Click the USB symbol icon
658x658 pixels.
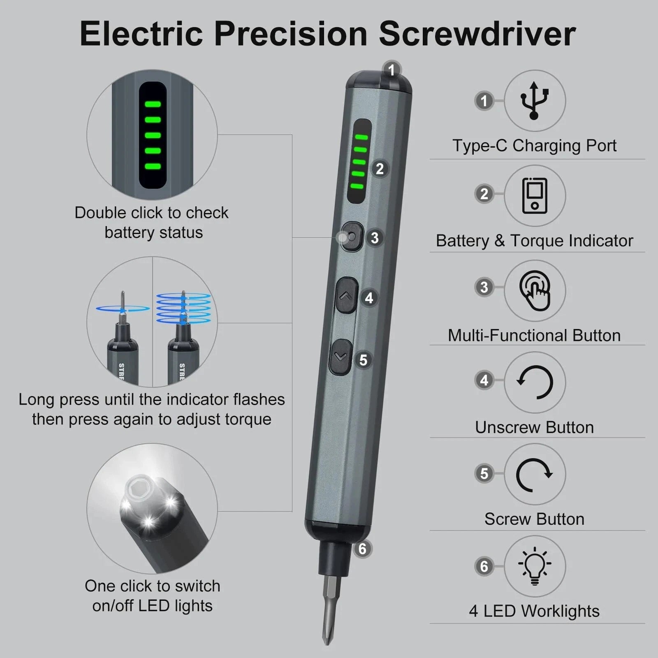coord(534,100)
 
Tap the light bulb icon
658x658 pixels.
coord(534,566)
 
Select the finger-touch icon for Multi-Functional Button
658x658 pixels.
coord(535,290)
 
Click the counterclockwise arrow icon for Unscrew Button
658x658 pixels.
coord(535,382)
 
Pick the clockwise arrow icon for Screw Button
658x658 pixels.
coord(534,475)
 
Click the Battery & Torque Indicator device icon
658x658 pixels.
coord(534,196)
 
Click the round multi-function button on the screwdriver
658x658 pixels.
coord(352,237)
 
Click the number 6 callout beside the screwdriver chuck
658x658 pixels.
coord(362,549)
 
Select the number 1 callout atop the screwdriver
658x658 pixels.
coord(392,70)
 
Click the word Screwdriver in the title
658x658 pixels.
coord(477,34)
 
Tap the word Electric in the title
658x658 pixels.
coord(142,34)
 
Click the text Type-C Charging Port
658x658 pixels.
coord(534,146)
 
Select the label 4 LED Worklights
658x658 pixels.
coord(534,611)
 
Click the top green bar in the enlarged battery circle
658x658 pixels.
coord(153,104)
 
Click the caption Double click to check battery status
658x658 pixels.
coord(152,222)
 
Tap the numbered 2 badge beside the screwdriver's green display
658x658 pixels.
coord(380,169)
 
